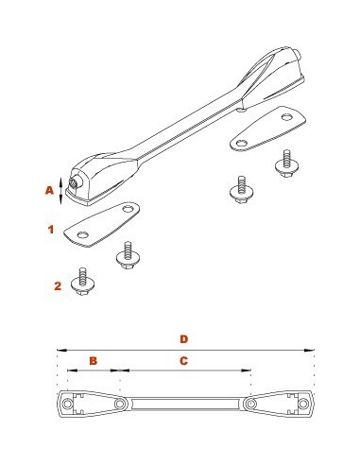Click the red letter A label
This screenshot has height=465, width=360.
[x=49, y=190]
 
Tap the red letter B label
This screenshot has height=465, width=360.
[x=94, y=361]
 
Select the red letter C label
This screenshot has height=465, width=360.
[x=183, y=361]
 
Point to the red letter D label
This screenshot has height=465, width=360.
[x=184, y=339]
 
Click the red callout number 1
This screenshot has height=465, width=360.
[x=51, y=230]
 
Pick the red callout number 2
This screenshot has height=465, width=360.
[x=58, y=286]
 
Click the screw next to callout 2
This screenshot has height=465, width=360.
[x=83, y=282]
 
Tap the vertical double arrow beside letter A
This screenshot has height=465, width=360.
[x=61, y=191]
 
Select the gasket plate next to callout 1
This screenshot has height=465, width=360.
[x=101, y=224]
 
